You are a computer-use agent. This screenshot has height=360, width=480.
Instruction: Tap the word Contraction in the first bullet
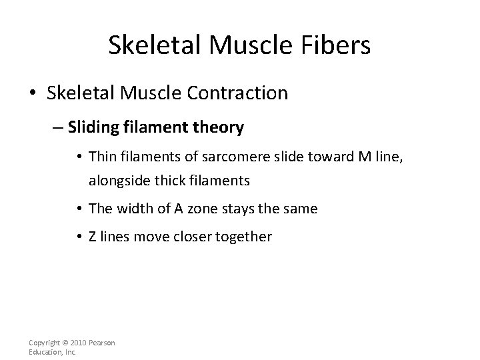tap(237, 93)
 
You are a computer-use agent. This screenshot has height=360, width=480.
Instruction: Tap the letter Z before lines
tap(93, 237)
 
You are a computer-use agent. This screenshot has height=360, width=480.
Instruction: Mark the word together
tap(243, 237)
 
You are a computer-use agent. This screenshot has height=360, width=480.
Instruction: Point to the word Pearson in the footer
tap(101, 343)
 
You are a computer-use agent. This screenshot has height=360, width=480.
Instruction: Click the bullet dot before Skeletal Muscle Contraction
tap(35, 93)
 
